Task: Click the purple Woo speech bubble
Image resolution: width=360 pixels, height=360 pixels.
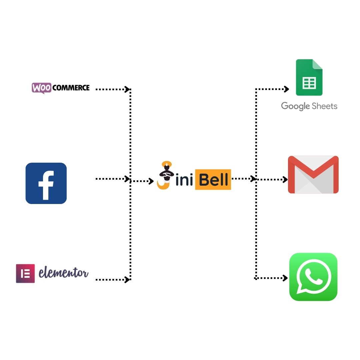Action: click(42, 88)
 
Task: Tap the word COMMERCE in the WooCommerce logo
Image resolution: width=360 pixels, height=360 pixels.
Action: click(71, 88)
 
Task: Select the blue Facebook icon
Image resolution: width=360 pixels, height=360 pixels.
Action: click(46, 183)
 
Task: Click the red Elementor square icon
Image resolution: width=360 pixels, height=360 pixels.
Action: click(25, 273)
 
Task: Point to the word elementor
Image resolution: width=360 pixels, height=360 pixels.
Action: click(63, 273)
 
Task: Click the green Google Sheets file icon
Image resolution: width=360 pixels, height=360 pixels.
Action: click(309, 77)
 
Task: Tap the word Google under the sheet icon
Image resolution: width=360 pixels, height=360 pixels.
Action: click(295, 106)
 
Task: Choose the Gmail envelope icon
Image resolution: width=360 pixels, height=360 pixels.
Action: click(313, 174)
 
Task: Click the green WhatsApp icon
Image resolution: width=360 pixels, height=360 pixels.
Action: click(313, 277)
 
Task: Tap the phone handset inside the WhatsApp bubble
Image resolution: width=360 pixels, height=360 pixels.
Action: click(314, 276)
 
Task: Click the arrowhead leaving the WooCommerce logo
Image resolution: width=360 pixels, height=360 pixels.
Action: click(127, 89)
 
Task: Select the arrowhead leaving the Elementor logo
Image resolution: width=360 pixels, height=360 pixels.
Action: click(127, 279)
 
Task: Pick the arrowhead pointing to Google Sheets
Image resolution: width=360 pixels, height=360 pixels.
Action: click(286, 89)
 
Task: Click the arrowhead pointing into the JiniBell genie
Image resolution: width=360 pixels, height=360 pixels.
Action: click(151, 181)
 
